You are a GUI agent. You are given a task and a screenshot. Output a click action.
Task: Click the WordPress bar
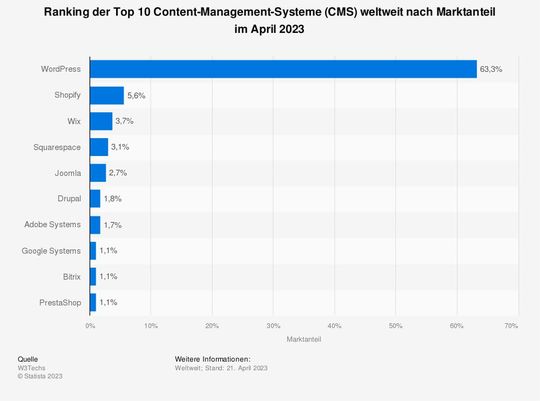coord(283,69)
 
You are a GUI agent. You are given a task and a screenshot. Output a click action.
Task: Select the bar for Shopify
coord(107,95)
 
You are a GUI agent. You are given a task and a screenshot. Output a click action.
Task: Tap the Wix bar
coord(101,121)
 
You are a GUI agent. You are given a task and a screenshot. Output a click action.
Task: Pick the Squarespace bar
coord(99,147)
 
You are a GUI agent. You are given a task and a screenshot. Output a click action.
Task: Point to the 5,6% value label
coord(137,95)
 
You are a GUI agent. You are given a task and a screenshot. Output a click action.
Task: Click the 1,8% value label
coord(113,199)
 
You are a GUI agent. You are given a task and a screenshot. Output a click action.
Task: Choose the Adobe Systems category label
coord(54,224)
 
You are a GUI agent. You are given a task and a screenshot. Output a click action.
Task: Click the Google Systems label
coord(53,250)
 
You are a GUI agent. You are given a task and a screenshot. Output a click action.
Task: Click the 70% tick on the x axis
coord(511,326)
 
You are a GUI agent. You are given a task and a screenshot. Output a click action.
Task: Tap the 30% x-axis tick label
coord(273,326)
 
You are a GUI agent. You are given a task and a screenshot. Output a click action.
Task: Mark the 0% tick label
coord(90,326)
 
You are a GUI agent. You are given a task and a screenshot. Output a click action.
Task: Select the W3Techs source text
coord(31,368)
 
